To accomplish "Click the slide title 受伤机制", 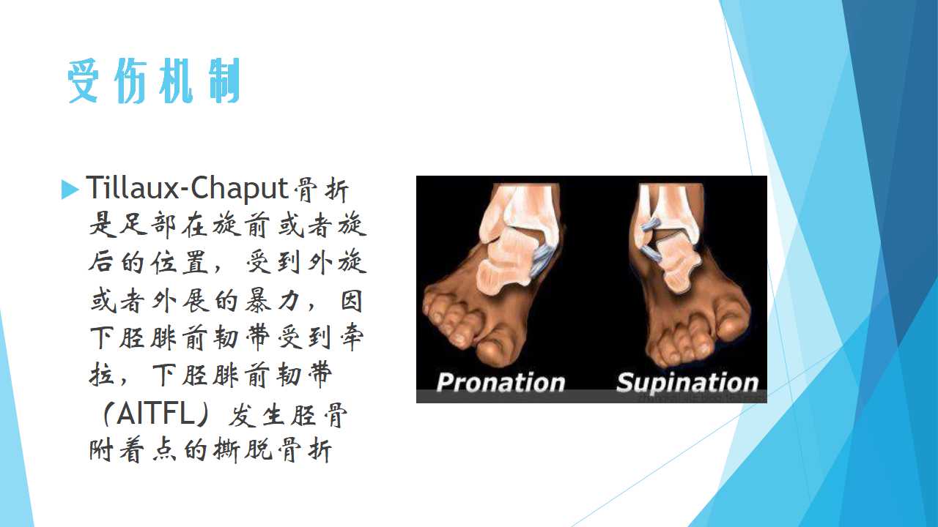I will click(x=154, y=81).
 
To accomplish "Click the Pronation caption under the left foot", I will click(x=501, y=383).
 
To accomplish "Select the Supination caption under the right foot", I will click(x=687, y=383).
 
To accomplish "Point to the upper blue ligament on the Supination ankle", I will click(x=649, y=224).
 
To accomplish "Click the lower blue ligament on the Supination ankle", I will click(x=651, y=253).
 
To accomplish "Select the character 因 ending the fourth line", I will click(x=350, y=301).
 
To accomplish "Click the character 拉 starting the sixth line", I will click(x=101, y=376).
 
